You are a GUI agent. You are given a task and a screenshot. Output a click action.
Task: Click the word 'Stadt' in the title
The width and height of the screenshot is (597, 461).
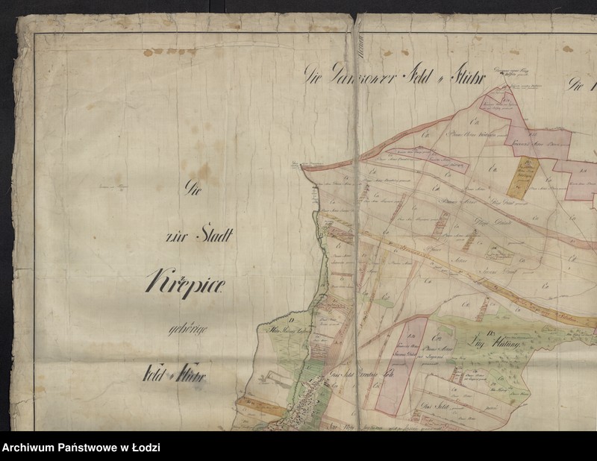213,239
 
